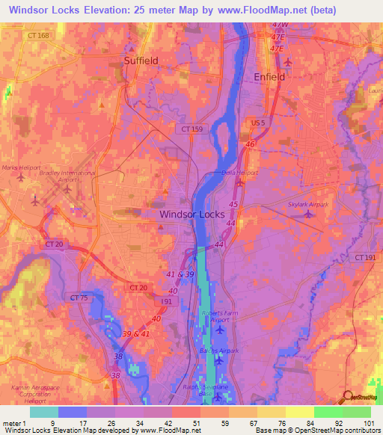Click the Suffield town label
(141, 61)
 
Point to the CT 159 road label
(191, 129)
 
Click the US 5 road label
(258, 122)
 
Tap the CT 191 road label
(365, 257)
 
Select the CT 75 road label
(79, 297)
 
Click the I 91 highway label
(167, 300)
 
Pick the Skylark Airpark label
(308, 203)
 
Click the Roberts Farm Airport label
(218, 316)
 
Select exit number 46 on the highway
(251, 144)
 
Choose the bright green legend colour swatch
(328, 412)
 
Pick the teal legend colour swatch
(44, 412)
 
